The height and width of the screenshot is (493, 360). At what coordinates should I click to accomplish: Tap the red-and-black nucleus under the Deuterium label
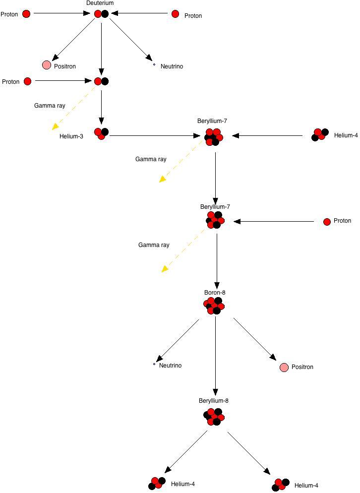point(101,14)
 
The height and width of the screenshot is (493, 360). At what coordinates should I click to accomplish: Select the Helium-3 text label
point(71,136)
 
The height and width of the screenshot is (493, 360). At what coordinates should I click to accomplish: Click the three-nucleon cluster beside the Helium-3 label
point(102,133)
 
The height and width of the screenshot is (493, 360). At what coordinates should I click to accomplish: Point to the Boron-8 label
point(215,293)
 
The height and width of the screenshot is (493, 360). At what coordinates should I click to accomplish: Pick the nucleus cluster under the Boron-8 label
point(214,306)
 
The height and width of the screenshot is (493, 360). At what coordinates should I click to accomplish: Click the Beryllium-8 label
point(214,401)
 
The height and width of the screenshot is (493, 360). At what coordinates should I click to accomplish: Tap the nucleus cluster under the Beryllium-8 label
point(214,417)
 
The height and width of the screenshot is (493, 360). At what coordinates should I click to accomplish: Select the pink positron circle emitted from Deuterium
point(47,65)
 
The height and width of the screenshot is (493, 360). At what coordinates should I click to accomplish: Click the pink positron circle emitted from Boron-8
point(284,368)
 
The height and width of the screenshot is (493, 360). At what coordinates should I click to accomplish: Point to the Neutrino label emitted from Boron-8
point(170,366)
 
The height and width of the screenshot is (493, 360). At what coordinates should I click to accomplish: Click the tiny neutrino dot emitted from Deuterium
point(154,64)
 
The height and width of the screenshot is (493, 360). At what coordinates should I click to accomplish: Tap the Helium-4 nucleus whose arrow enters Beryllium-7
point(320,134)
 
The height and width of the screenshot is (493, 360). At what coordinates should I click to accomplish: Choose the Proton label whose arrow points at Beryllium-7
point(342,221)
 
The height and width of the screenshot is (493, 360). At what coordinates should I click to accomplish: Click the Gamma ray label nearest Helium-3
point(50,106)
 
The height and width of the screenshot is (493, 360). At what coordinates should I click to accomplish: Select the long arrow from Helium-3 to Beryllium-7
point(154,135)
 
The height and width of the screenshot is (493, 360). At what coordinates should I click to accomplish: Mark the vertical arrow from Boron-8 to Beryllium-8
point(215,355)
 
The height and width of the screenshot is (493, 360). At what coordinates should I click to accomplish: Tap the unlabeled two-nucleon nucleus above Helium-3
point(101,81)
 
